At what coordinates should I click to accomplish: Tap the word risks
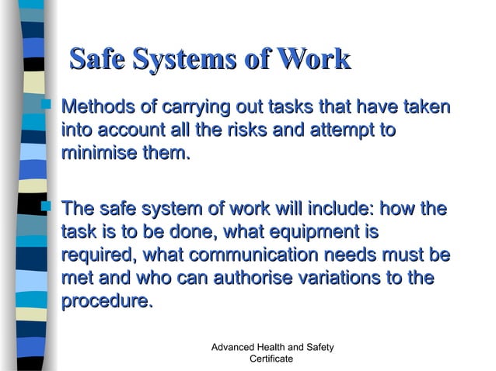(x=260, y=129)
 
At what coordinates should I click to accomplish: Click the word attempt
(x=351, y=129)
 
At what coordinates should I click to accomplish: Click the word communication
(x=253, y=255)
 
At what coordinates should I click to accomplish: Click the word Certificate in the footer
(x=271, y=359)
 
